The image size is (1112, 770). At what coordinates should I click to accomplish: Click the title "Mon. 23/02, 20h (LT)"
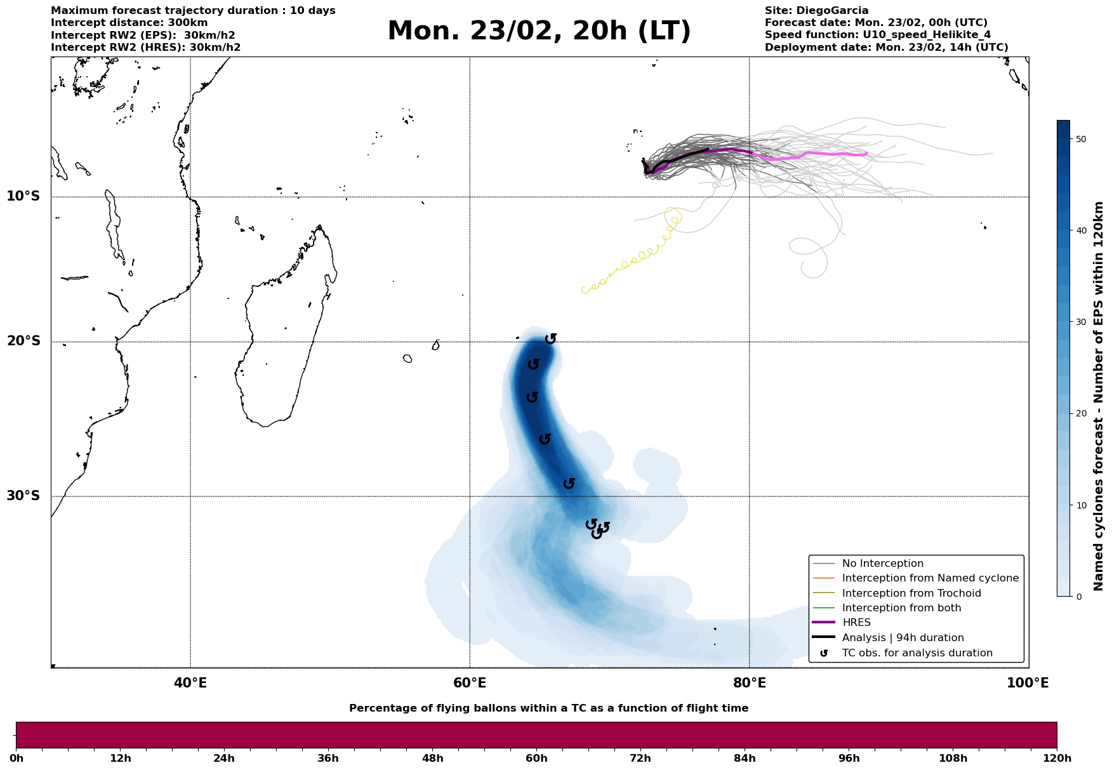pos(539,31)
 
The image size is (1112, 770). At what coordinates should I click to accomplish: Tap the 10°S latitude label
pos(23,196)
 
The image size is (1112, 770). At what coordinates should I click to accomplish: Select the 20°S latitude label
pos(23,342)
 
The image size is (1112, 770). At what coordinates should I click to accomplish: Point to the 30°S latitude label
pos(23,496)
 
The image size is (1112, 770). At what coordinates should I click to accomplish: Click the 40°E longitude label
pos(190,683)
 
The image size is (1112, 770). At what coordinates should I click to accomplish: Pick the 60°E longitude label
pos(470,683)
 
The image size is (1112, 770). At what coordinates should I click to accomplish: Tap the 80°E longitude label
pos(749,683)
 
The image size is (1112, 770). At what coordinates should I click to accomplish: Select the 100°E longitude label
pos(1028,683)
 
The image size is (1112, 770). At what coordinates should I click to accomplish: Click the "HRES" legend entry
pos(856,623)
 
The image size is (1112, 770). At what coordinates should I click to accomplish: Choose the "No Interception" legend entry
pos(882,564)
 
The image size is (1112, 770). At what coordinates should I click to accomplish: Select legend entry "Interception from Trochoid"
pos(911,594)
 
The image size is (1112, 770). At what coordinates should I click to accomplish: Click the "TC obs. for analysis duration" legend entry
pos(917,653)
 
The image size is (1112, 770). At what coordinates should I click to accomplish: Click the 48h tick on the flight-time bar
pos(432,758)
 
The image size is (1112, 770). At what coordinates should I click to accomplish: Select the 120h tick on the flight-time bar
pos(1057,758)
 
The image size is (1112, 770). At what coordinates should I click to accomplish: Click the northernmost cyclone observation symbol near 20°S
pos(550,339)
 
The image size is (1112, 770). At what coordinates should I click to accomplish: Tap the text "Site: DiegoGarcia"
pos(816,11)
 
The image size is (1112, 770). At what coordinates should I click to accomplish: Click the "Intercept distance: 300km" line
pos(129,23)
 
